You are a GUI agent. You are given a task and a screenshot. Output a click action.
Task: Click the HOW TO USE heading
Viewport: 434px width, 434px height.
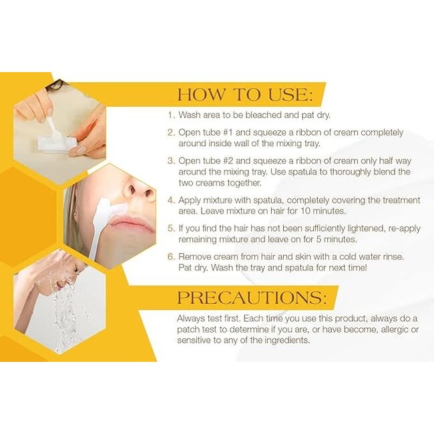[245, 95]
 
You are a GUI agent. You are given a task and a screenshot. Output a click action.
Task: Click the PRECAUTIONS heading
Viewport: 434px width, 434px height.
[252, 298]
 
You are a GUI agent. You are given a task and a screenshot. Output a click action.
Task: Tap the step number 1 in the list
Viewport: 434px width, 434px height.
[172, 115]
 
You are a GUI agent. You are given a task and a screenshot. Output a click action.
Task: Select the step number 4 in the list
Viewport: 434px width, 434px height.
[172, 200]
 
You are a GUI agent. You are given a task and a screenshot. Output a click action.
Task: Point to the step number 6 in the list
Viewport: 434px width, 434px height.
[172, 256]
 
